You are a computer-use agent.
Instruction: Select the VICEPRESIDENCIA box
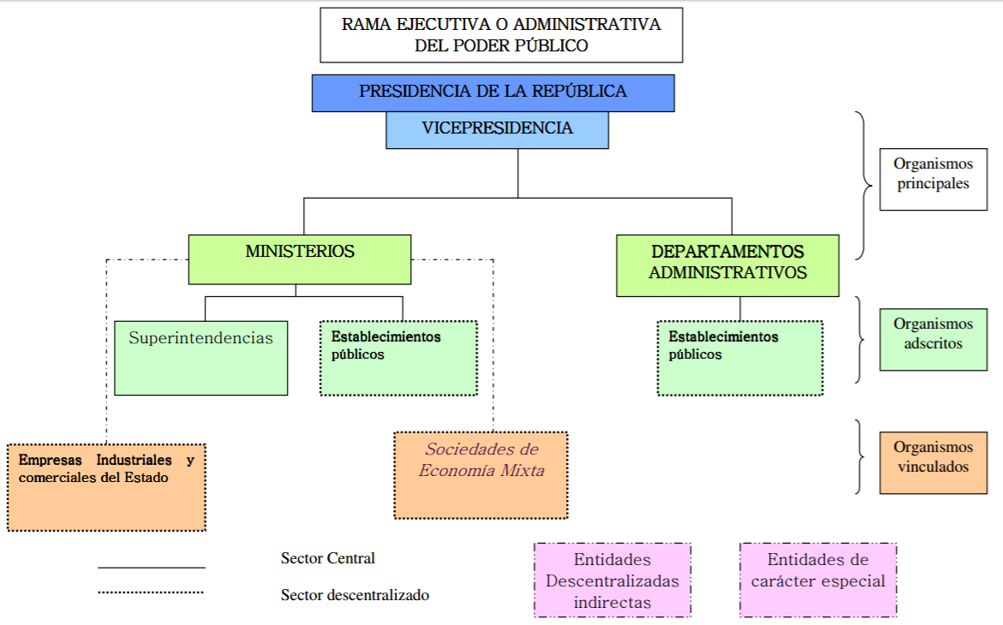pos(497,129)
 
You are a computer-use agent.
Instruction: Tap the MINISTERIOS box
pos(300,259)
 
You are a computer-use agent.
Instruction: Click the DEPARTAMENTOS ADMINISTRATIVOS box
pos(727,265)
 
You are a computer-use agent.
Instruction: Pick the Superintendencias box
pos(200,357)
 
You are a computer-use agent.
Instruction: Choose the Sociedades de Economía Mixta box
pos(481,474)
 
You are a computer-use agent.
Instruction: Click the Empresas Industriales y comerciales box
pos(106,486)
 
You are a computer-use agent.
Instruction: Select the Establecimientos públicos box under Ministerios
pos(398,357)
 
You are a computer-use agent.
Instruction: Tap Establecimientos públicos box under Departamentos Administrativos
pos(740,357)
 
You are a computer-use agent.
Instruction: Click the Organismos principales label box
pos(933,178)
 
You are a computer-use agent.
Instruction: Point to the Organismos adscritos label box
pos(933,339)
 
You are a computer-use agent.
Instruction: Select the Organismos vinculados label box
pos(933,462)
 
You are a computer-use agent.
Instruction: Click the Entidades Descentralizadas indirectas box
pos(612,580)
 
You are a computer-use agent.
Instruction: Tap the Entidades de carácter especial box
pos(818,580)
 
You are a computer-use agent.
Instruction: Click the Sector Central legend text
pos(328,558)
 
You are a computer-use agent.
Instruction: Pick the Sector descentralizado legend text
pos(355,594)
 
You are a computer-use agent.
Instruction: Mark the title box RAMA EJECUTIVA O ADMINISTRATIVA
pos(501,35)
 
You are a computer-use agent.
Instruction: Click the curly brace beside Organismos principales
pos(863,185)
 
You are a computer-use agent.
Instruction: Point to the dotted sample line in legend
pos(151,592)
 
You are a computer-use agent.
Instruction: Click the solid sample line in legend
pos(151,567)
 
